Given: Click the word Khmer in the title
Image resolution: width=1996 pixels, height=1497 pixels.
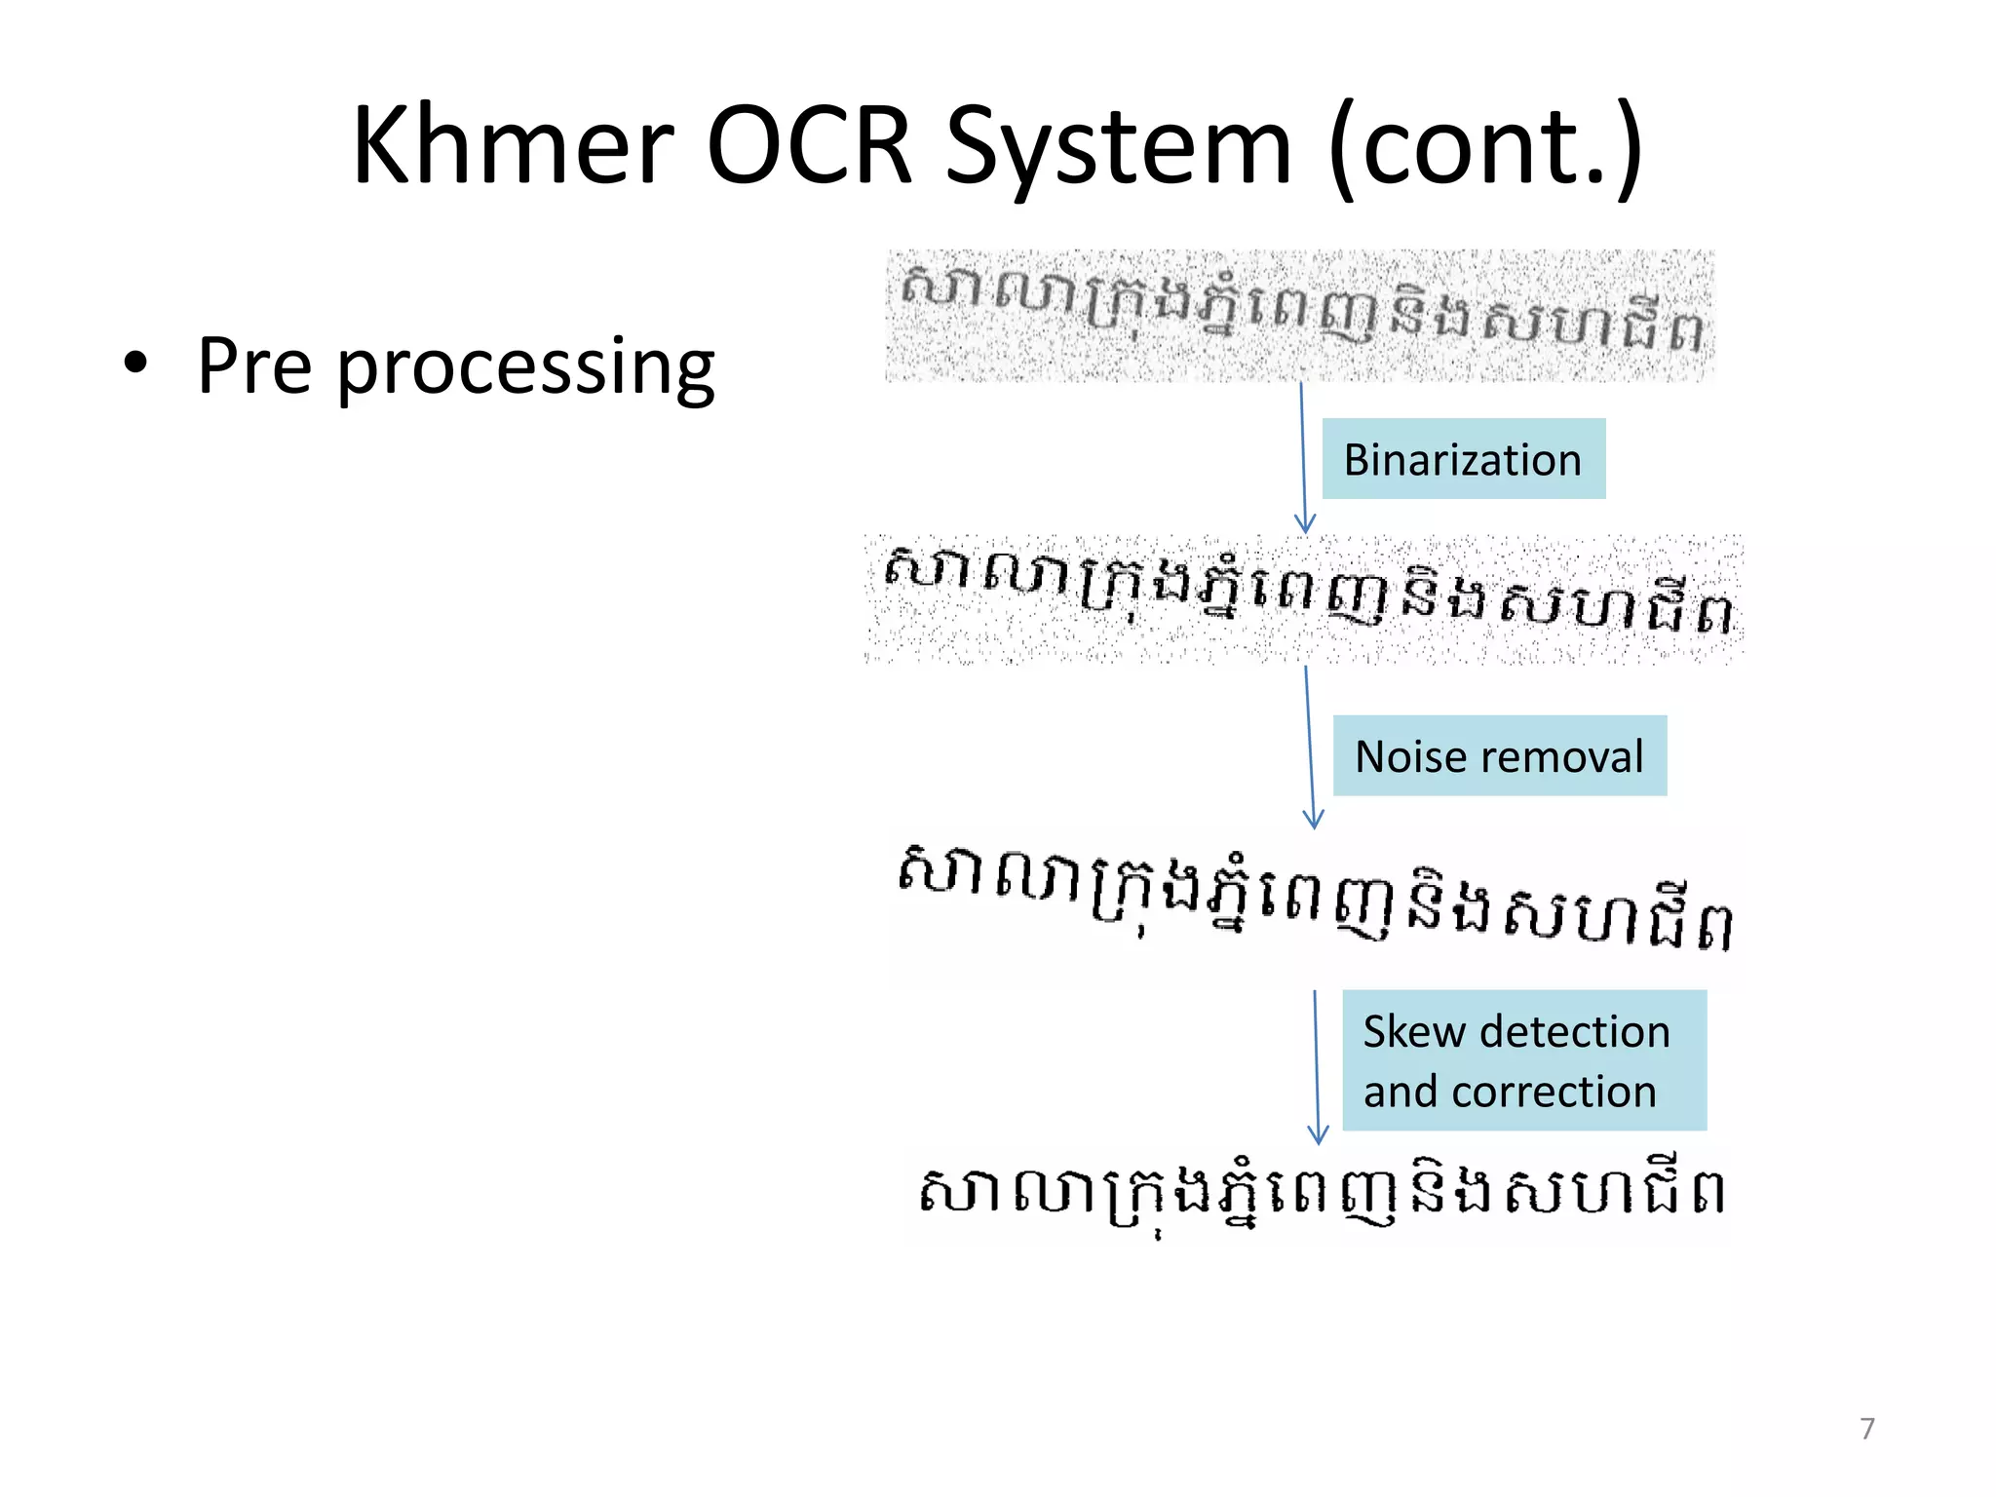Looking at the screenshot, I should pos(514,146).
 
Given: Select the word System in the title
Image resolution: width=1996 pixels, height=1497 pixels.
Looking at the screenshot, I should pos(1119,146).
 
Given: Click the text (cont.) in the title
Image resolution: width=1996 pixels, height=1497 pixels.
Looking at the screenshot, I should pos(1485,146).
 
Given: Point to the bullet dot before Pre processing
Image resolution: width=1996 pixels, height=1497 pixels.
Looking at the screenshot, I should pos(136,364).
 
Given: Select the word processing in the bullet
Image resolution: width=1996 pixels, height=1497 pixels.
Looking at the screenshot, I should pos(525,368).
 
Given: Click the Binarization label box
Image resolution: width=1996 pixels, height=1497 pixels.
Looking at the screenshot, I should pos(1462,459).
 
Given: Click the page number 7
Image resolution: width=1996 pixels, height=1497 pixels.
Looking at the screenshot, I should pos(1866,1428).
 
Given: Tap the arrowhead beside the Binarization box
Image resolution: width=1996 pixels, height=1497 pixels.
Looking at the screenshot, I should pos(1305,524).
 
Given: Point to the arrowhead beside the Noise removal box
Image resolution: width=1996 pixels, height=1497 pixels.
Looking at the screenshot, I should pos(1313,821).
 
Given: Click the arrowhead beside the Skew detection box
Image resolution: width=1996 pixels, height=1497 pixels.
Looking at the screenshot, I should pos(1318,1135).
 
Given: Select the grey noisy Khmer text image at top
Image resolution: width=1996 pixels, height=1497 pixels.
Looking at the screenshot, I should pos(1299,315).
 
